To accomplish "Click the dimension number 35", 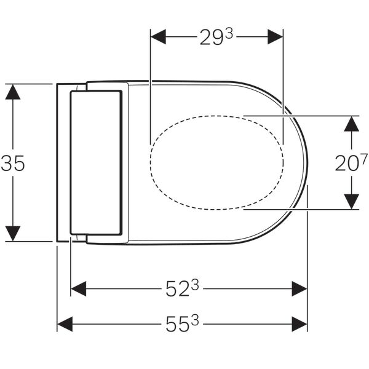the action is click(x=13, y=164).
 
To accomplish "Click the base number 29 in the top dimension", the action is click(x=211, y=37).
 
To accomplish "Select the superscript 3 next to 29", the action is click(x=228, y=34).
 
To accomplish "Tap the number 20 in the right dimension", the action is click(x=347, y=164).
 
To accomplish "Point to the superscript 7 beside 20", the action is click(x=363, y=159).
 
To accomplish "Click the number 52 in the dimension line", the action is click(x=178, y=288).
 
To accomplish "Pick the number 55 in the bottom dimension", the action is click(x=178, y=324).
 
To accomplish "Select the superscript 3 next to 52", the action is click(x=195, y=285).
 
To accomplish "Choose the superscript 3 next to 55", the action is click(x=195, y=320).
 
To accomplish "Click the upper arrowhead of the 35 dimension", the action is click(x=13, y=92).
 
